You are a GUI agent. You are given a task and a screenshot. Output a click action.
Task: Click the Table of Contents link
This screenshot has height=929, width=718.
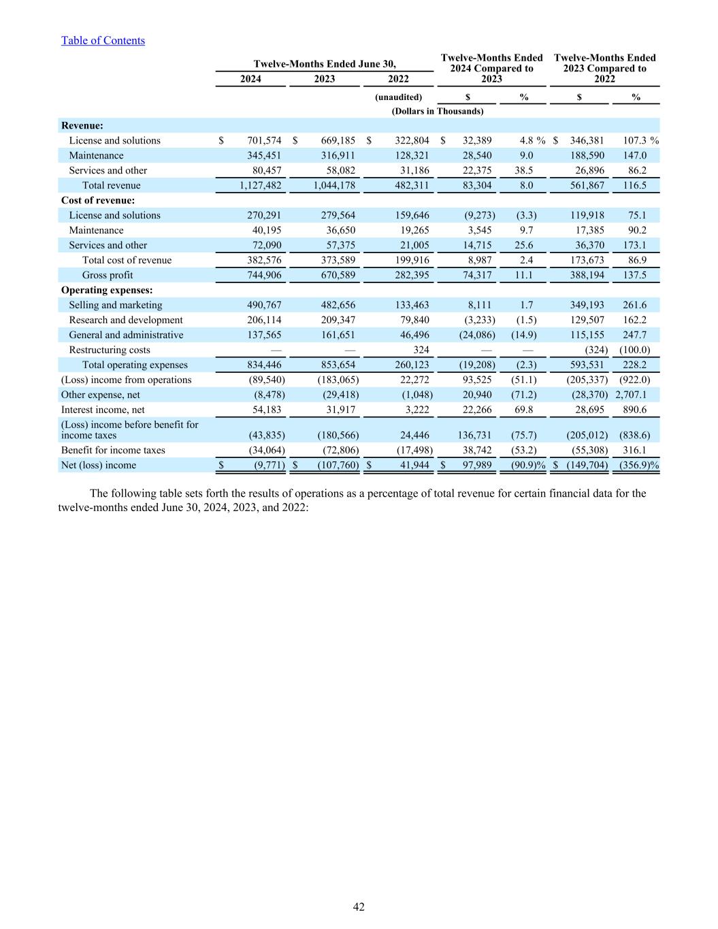pyautogui.click(x=103, y=40)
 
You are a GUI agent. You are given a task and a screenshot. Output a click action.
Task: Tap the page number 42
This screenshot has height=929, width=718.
pyautogui.click(x=359, y=907)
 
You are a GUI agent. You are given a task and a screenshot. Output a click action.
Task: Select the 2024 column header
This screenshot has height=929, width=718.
pyautogui.click(x=250, y=79)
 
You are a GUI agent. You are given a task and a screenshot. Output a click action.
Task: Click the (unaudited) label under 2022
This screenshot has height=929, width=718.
pyautogui.click(x=399, y=97)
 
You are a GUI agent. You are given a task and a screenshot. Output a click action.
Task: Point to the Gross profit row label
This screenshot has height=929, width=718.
pyautogui.click(x=108, y=275)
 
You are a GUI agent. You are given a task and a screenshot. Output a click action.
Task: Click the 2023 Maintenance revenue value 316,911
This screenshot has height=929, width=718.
pyautogui.click(x=334, y=155)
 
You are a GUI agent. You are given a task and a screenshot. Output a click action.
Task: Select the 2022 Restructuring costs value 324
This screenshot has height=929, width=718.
pyautogui.click(x=421, y=350)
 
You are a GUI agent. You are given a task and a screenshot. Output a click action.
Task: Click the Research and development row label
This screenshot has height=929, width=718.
pyautogui.click(x=126, y=320)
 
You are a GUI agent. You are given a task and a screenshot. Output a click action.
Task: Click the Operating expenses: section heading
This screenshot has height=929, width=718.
pyautogui.click(x=107, y=290)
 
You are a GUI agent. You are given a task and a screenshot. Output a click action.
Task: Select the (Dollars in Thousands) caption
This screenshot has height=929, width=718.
pyautogui.click(x=438, y=111)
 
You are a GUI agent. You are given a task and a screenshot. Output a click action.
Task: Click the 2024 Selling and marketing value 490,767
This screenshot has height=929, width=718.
pyautogui.click(x=263, y=305)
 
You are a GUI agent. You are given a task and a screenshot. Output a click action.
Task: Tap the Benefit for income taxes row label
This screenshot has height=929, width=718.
pyautogui.click(x=113, y=450)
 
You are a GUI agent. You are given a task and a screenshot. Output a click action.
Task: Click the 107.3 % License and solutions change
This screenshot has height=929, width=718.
pyautogui.click(x=640, y=140)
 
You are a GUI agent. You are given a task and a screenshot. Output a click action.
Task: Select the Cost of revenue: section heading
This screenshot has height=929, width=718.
pyautogui.click(x=98, y=200)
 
